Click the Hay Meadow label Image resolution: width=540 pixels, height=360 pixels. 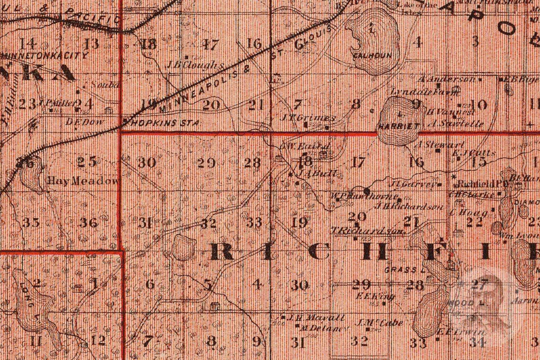[83, 181]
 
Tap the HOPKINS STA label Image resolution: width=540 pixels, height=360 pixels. [163, 122]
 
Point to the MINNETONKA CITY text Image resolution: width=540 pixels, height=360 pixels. [44, 55]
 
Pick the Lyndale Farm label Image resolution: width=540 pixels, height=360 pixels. [425, 91]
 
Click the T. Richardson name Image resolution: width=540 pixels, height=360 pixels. [368, 230]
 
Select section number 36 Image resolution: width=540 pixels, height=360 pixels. [88, 223]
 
